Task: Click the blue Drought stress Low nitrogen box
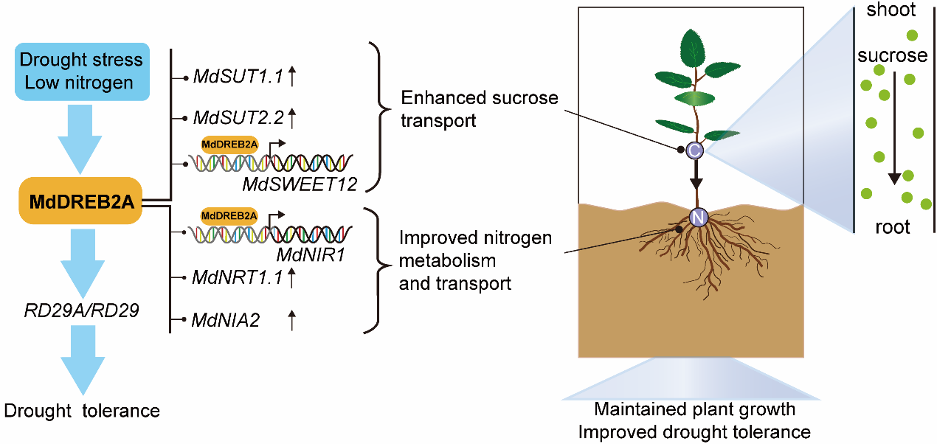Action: point(81,70)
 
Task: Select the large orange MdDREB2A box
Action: point(81,200)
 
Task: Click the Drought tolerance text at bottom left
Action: point(81,410)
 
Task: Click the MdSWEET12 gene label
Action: point(299,184)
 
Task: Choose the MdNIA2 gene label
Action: point(224,320)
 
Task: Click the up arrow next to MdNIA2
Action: point(291,319)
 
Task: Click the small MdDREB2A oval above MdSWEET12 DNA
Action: point(229,145)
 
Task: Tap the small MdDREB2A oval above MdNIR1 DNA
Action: point(229,215)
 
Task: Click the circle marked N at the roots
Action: point(698,217)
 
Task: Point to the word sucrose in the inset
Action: point(892,55)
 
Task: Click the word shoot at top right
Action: point(891,10)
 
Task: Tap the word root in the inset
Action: point(892,226)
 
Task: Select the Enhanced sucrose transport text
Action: point(479,108)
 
